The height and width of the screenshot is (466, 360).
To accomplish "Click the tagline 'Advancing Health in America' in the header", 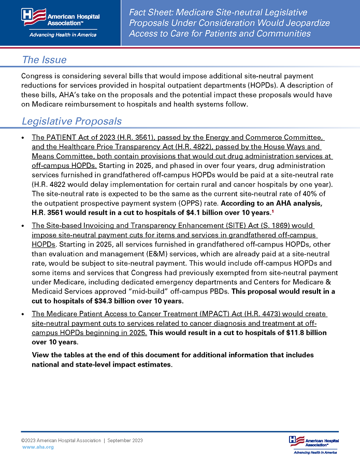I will coord(61,35).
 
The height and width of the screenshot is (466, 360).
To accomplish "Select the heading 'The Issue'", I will coord(44,60).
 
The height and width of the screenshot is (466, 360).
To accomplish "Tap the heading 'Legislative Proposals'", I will coord(71,121).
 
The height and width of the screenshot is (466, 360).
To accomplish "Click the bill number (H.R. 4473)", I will coord(243,314).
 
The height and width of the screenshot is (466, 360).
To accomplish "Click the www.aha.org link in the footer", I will coord(38,447).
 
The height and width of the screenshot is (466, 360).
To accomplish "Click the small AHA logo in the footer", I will coord(313,444).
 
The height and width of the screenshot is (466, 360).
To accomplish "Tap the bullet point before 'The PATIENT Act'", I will coord(23,138).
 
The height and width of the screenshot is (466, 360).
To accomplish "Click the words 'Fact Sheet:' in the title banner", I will coord(154,12).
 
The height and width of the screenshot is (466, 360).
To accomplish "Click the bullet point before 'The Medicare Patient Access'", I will coord(23,314).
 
